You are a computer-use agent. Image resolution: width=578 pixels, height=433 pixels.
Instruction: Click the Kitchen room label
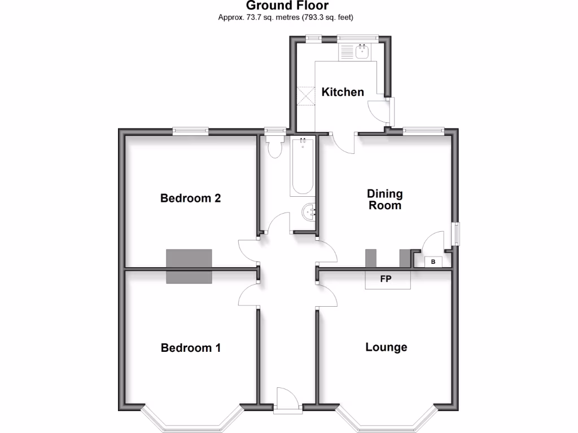point(343,92)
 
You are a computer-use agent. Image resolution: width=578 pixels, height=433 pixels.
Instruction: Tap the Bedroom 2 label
point(190,198)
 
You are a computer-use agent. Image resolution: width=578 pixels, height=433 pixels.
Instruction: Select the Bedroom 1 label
point(190,348)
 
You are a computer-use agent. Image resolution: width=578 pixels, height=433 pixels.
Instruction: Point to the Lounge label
point(386,347)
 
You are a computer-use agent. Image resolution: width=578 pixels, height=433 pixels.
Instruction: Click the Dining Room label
point(386,200)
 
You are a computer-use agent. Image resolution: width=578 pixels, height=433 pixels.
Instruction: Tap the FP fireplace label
point(386,279)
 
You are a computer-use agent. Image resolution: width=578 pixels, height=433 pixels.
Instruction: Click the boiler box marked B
point(433,262)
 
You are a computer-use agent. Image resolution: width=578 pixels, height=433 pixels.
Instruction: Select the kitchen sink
point(362,52)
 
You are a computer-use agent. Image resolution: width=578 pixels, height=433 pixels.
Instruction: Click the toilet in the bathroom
point(276,148)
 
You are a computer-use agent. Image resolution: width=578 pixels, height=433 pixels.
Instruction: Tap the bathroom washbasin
point(308,212)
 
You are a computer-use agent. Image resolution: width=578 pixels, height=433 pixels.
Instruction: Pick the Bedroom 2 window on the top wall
point(190,131)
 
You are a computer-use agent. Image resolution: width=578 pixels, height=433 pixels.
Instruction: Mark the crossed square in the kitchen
point(306,95)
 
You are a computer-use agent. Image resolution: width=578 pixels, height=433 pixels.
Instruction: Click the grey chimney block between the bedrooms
point(189,266)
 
